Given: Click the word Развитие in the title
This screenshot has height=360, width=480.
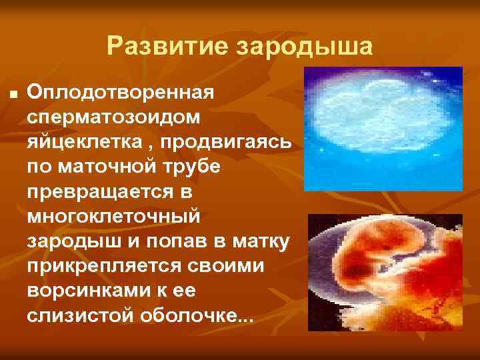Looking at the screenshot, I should (x=157, y=47).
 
